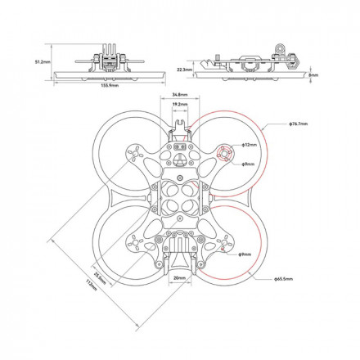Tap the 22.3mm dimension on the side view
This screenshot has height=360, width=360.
[x=185, y=70]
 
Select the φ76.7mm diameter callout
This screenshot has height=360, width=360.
[x=298, y=124]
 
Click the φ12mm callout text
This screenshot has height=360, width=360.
[x=249, y=144]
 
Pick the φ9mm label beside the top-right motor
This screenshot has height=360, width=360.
[x=249, y=164]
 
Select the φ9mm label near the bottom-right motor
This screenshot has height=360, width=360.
[x=245, y=255]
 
